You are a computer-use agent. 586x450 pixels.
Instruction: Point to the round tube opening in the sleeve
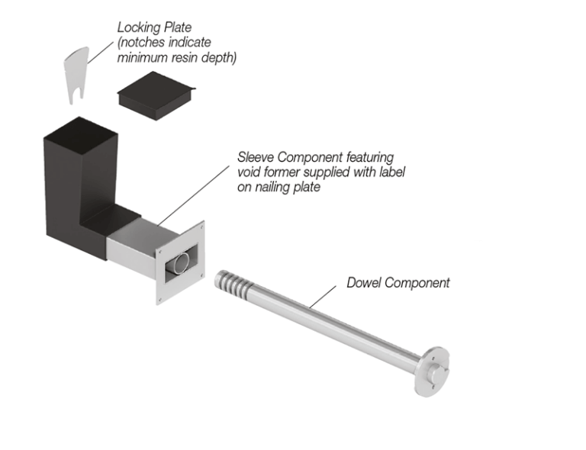point(180,263)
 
